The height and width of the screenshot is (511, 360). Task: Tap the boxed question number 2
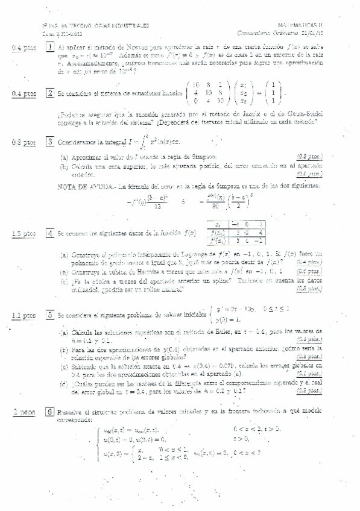pos(50,93)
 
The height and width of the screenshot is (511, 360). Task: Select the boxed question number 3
pos(50,142)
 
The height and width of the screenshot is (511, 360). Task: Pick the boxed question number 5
pos(50,315)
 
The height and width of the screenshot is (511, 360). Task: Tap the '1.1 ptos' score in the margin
pos(24,315)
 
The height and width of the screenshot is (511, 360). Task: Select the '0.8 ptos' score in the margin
pos(24,142)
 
